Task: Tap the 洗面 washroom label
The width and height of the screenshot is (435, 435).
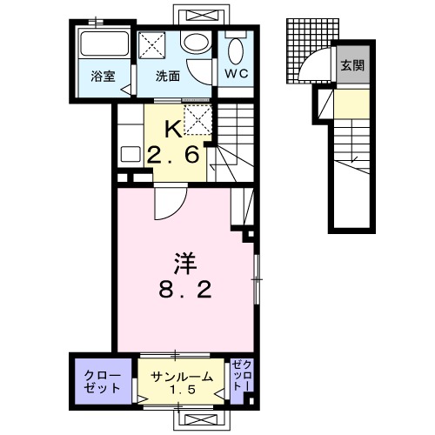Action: tap(168, 76)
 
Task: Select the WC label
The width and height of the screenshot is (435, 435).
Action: tap(237, 74)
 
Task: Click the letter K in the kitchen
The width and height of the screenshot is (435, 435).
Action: tap(174, 130)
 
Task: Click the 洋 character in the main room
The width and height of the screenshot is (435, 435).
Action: tap(183, 260)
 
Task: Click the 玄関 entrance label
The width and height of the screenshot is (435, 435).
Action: tap(351, 65)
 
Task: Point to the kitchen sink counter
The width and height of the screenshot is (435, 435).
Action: tap(131, 155)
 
